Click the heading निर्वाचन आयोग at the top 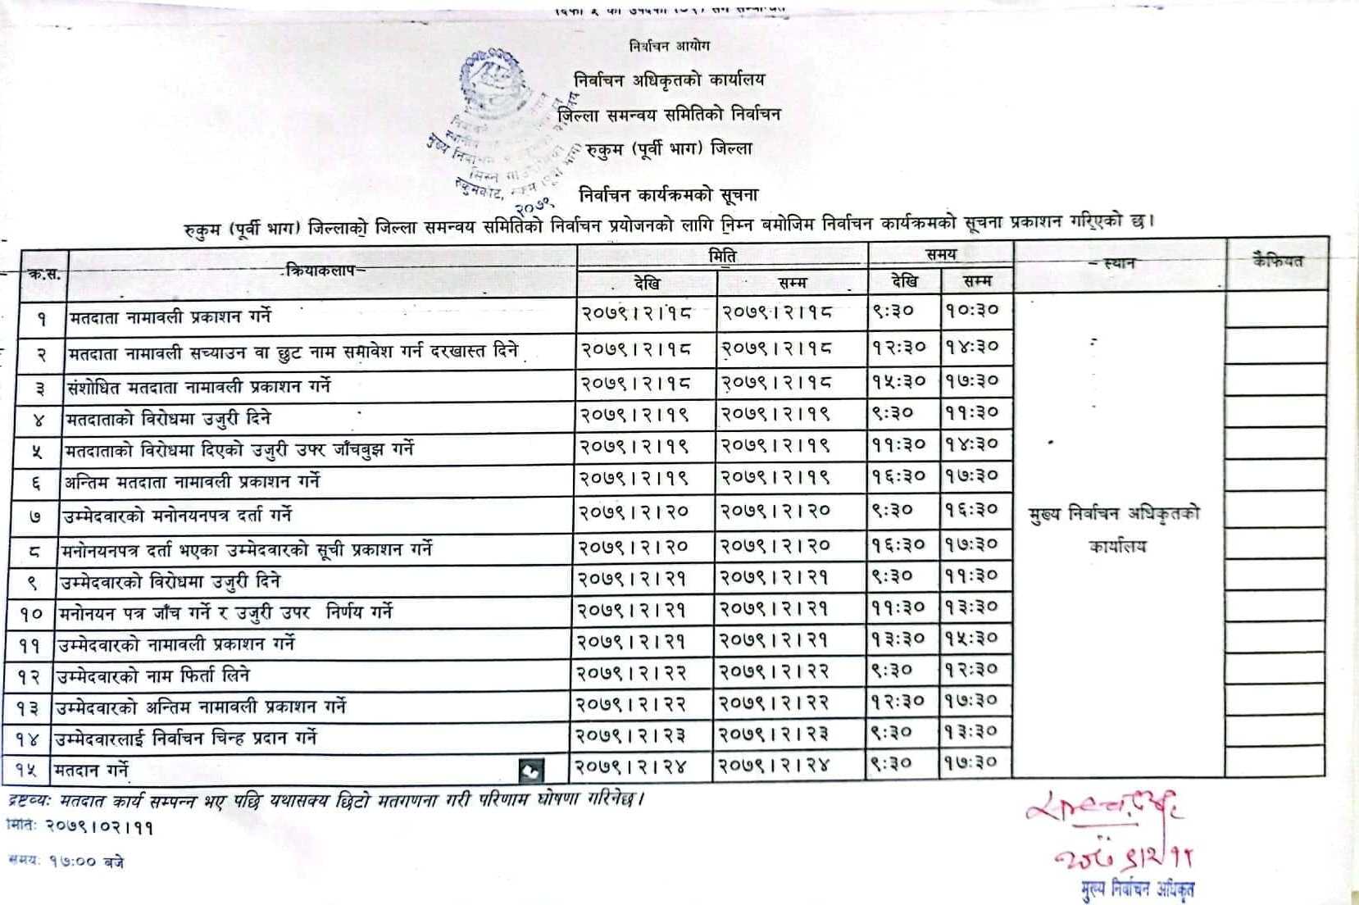point(669,46)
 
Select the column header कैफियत point(1277,261)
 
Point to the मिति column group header point(722,256)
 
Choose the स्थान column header point(1118,263)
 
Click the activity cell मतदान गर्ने point(91,770)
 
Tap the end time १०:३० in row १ point(972,311)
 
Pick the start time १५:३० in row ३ point(898,380)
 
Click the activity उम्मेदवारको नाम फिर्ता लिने point(152,675)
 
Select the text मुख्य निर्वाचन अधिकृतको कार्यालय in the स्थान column point(1115,530)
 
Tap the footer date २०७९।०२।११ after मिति point(98,827)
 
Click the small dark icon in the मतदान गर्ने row point(530,770)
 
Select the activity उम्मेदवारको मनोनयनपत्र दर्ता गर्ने point(177,516)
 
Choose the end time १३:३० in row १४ point(971,732)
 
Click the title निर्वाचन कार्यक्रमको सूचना point(668,195)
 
